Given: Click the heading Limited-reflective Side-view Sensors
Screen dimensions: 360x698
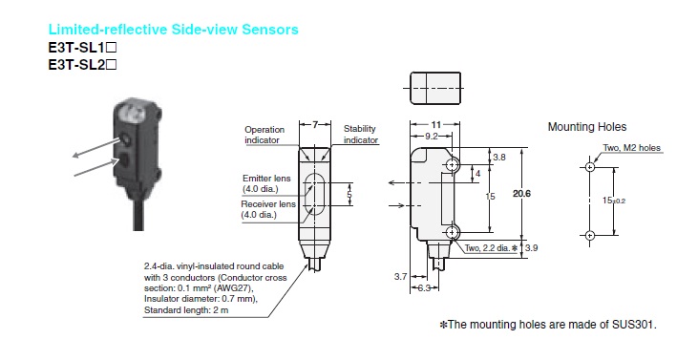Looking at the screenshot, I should [x=173, y=30].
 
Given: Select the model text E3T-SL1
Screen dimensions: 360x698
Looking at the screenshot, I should [x=82, y=48].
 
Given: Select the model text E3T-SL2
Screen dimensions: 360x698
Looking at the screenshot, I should [x=82, y=65].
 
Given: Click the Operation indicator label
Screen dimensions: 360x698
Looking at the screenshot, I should [x=264, y=134].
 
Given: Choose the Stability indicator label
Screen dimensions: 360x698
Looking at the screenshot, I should [x=360, y=134].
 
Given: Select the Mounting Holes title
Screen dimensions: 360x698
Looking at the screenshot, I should [x=586, y=126].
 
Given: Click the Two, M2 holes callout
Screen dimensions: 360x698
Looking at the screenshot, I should [x=632, y=147].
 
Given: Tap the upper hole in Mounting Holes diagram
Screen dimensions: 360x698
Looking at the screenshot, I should [x=590, y=167].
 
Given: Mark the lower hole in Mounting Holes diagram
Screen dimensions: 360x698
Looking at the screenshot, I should [x=590, y=235].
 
